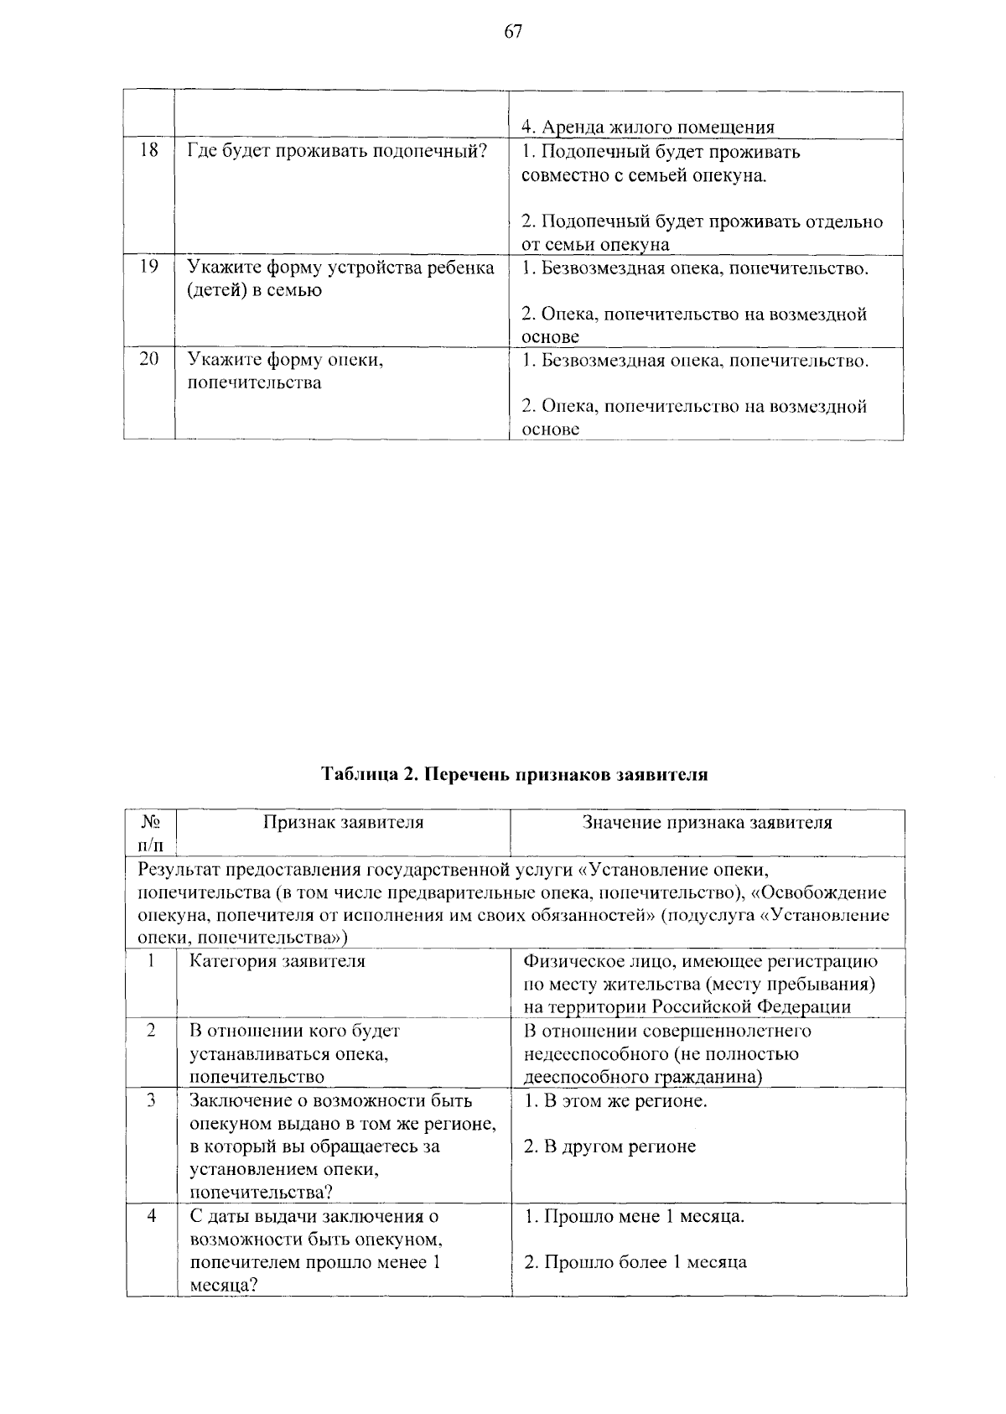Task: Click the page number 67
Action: tap(513, 32)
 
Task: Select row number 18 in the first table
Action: tap(148, 152)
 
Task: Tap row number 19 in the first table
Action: tap(148, 268)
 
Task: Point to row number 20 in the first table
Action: tap(148, 360)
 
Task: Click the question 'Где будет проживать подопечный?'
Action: tap(337, 152)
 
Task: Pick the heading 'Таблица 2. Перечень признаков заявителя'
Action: tap(515, 774)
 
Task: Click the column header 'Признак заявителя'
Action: tap(344, 823)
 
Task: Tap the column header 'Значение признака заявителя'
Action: tap(708, 823)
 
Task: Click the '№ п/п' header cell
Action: tap(151, 833)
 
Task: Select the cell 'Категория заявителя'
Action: tap(277, 961)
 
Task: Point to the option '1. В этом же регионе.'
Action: tap(615, 1100)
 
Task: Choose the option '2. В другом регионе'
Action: tap(609, 1146)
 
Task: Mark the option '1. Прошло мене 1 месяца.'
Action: tap(634, 1216)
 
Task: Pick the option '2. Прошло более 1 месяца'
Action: tap(635, 1262)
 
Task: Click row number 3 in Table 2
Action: tap(151, 1100)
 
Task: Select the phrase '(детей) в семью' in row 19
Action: tap(254, 291)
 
